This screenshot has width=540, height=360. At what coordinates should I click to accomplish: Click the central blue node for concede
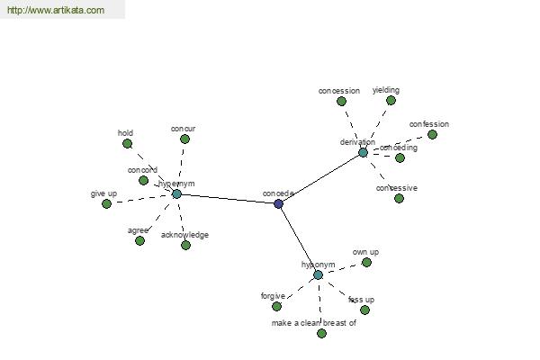tap(278, 204)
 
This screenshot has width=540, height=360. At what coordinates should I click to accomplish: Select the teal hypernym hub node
tap(176, 193)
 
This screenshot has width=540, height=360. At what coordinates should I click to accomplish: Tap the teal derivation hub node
tap(363, 152)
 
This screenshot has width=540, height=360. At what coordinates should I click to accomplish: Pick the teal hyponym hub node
tap(318, 274)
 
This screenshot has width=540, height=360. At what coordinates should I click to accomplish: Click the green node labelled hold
tap(128, 143)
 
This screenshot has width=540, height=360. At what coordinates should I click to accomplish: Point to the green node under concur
tap(184, 139)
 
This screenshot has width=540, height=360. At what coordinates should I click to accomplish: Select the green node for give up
tap(107, 204)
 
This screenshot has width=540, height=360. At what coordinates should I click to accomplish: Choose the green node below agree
tap(139, 240)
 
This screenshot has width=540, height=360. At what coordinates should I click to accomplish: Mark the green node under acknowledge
tap(185, 245)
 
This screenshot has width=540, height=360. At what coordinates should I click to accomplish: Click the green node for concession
tap(341, 102)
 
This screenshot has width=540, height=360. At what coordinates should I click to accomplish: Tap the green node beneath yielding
tap(391, 100)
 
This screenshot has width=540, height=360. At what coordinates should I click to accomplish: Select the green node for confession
tap(432, 134)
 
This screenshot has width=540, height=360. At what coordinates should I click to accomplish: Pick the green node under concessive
tap(399, 198)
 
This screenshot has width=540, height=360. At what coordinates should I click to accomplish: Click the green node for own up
tap(366, 262)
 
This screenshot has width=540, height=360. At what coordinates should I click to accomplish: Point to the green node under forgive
tap(276, 306)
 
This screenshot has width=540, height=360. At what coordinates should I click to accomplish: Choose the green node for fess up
tap(364, 310)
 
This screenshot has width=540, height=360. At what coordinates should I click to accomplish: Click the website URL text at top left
tap(55, 11)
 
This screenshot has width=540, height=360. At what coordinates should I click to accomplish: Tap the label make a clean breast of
tap(314, 322)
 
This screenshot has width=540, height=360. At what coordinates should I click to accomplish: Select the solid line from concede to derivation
tap(320, 178)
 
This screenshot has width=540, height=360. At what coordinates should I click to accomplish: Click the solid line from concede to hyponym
tap(298, 239)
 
